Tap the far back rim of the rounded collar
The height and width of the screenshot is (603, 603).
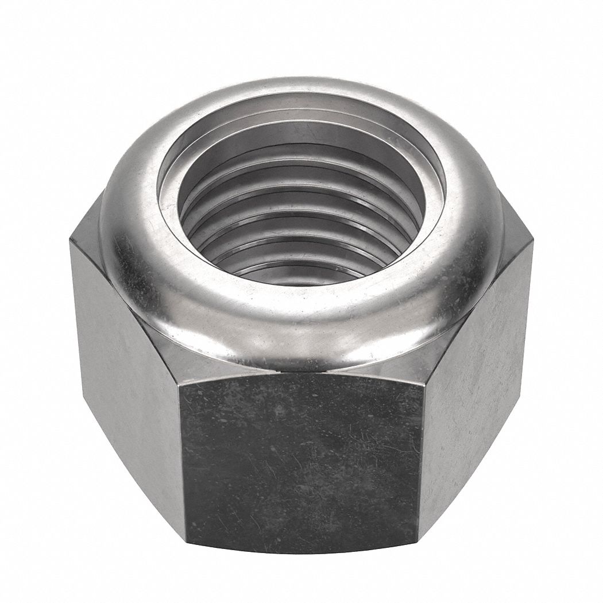[301, 92]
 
